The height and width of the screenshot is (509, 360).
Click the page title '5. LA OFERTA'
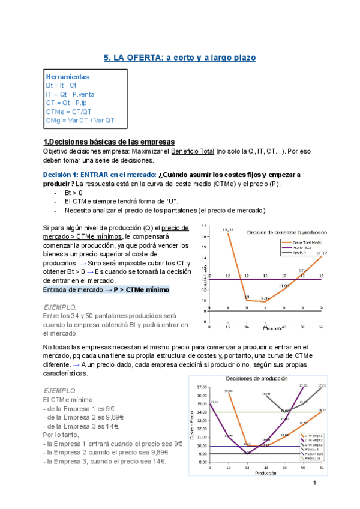pyautogui.click(x=180, y=58)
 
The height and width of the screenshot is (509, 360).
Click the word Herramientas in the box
pyautogui.click(x=68, y=77)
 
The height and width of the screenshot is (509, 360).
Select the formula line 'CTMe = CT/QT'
pyautogui.click(x=69, y=111)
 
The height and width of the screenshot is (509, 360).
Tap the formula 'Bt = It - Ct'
pyautogui.click(x=65, y=86)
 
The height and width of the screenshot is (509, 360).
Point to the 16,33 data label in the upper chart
pyautogui.click(x=227, y=230)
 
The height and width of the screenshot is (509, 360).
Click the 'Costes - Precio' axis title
pyautogui.click(x=193, y=424)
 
